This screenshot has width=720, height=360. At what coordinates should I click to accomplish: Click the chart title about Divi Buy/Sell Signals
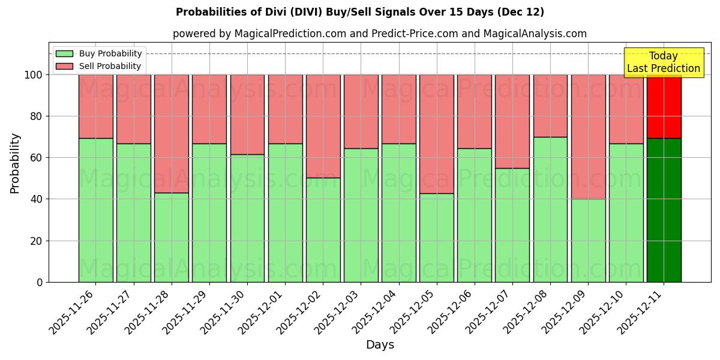pyautogui.click(x=360, y=12)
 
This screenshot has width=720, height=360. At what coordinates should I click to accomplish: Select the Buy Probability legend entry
pyautogui.click(x=99, y=53)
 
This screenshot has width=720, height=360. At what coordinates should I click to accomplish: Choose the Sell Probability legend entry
pyautogui.click(x=99, y=66)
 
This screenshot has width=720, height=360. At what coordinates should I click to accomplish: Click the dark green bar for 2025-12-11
pyautogui.click(x=664, y=210)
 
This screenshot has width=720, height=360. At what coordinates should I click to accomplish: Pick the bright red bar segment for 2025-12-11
pyautogui.click(x=664, y=106)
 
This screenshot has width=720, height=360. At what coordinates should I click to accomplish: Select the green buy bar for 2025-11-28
pyautogui.click(x=172, y=237)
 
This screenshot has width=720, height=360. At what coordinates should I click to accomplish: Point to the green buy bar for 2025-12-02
pyautogui.click(x=323, y=230)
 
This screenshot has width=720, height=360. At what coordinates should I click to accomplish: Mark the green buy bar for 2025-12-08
pyautogui.click(x=550, y=209)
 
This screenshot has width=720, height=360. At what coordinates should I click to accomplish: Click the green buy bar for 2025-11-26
pyautogui.click(x=96, y=210)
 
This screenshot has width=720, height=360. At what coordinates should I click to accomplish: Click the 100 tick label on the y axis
pyautogui.click(x=34, y=75)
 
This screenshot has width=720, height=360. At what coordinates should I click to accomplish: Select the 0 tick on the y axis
pyautogui.click(x=40, y=282)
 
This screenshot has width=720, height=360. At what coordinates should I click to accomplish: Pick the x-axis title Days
pyautogui.click(x=380, y=345)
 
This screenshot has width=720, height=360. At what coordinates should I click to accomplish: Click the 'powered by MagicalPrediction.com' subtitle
pyautogui.click(x=380, y=34)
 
